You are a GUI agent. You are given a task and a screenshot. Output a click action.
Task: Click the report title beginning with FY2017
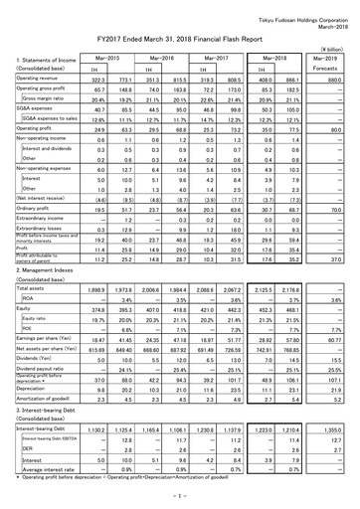click(x=178, y=33)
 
